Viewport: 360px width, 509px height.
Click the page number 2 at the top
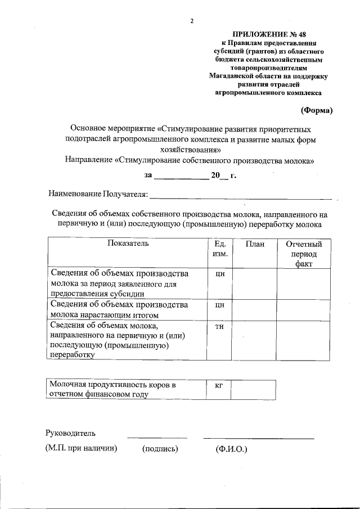pos(191,21)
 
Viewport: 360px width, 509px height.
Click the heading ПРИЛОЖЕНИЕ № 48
pos(267,34)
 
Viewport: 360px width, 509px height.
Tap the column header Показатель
pos(127,244)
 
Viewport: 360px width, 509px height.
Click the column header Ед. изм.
pos(220,249)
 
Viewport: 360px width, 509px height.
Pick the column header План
pos(254,244)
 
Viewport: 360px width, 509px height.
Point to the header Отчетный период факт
pos(304,254)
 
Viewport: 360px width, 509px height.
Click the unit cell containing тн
pos(220,327)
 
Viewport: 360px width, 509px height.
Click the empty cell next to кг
pos(254,389)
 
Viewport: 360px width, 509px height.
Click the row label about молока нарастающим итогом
pos(127,310)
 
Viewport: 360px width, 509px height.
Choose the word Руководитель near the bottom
pos(70,433)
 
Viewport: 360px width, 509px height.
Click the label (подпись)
pos(160,449)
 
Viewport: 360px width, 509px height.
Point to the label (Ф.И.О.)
pos(231,449)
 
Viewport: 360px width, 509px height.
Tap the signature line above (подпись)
pos(157,437)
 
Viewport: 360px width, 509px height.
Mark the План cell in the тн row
pos(254,340)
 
